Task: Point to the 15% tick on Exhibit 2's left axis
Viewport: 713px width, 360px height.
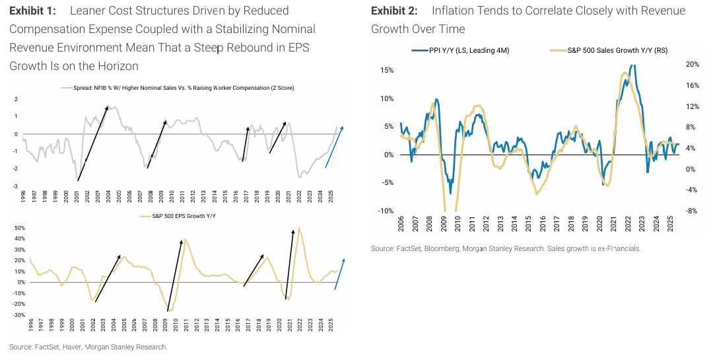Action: [386, 70]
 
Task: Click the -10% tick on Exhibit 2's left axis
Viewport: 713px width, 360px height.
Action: [385, 211]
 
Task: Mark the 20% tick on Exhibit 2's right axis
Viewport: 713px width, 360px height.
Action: [674, 64]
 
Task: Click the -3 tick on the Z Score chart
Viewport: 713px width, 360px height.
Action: [15, 186]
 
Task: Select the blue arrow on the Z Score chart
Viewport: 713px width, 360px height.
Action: [334, 147]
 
